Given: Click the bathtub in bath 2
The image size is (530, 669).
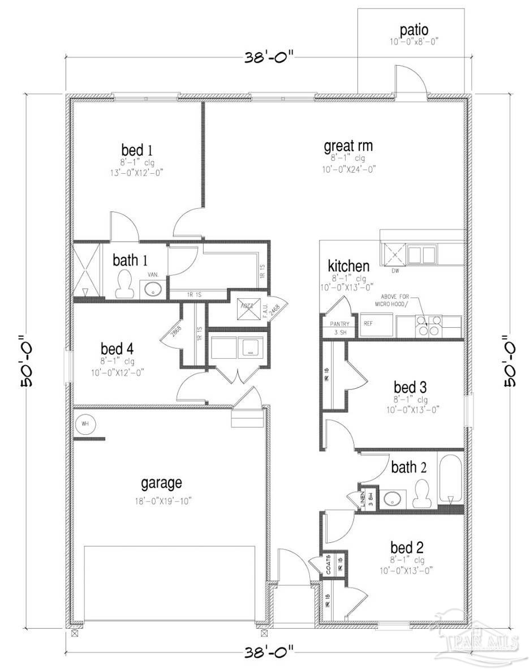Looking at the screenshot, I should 451,479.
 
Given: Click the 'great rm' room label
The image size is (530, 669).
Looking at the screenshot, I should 348,146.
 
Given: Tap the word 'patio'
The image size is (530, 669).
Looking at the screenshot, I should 414,29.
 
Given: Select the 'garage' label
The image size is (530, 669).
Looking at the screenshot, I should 161,483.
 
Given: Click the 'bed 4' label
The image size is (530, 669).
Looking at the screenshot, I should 117,347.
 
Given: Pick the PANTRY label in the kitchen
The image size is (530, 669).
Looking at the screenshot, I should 338,324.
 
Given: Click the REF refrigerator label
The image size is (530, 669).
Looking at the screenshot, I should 368,324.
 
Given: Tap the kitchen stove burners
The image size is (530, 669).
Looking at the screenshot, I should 428,325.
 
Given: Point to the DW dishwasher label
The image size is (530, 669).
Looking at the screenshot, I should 395,271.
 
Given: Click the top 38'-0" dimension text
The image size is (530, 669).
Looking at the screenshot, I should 270,57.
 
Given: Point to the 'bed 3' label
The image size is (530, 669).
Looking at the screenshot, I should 410,387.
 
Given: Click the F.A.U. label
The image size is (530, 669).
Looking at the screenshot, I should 264,310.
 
